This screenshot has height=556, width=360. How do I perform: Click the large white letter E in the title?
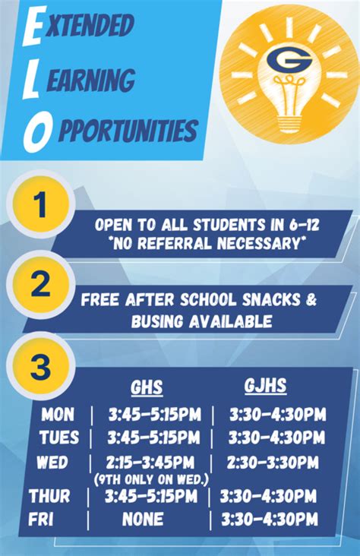pos(33,27)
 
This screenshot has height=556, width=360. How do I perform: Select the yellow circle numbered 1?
pos(42,203)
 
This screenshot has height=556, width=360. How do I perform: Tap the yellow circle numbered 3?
pos(41,365)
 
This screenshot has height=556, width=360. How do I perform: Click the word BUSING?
pos(157,321)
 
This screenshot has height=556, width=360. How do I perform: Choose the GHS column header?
pos(147,387)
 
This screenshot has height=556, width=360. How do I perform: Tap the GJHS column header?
pos(265,385)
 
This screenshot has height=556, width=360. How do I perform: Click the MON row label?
pos(58,414)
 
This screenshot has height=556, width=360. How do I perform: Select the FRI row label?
pos(41,520)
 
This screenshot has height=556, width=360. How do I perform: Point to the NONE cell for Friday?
pos(143,519)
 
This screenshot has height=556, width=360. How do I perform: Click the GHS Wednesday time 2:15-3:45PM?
pos(150,463)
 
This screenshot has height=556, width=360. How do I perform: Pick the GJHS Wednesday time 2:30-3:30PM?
pos(273,463)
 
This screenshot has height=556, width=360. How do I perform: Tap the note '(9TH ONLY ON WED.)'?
pos(152,480)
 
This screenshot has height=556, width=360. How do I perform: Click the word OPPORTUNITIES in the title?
pos(128,130)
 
